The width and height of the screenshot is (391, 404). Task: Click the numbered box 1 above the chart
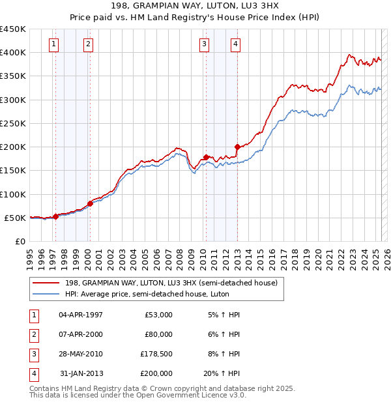(53, 44)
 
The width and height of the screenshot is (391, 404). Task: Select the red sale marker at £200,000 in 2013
(237, 147)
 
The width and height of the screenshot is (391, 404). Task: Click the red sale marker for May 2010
(206, 157)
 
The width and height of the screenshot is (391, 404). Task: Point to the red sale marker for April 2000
(90, 203)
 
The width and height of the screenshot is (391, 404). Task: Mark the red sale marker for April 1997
(55, 216)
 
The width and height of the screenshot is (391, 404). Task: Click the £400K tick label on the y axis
(13, 52)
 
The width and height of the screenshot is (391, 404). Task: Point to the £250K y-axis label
(13, 123)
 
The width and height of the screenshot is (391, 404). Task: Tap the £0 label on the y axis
(20, 241)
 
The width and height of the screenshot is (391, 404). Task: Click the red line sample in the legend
(46, 283)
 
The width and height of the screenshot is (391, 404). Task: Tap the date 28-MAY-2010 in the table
(81, 354)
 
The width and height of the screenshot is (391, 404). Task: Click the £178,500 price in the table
(156, 354)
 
